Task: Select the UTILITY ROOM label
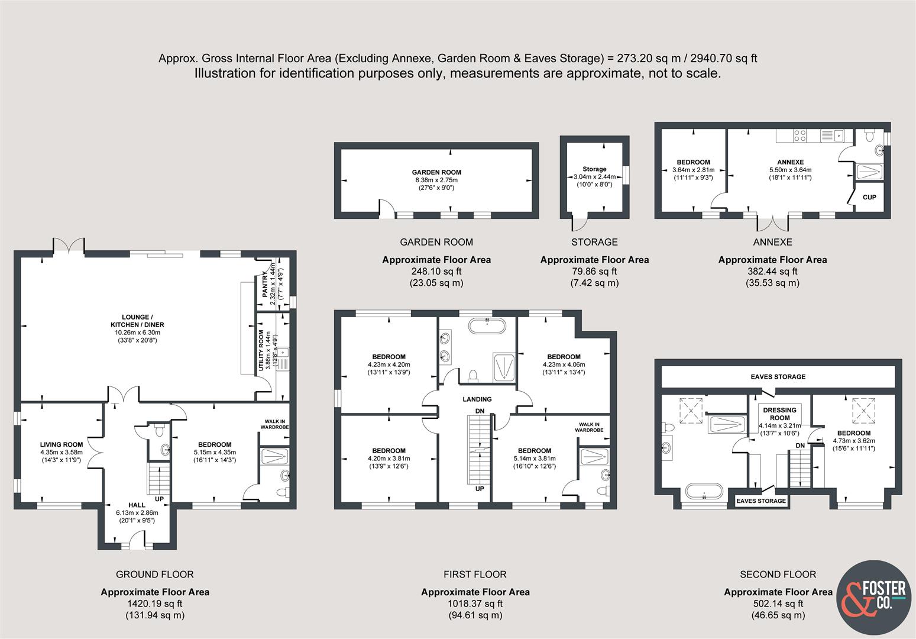[261, 350]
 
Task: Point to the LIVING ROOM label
[62, 444]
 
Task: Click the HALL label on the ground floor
[137, 505]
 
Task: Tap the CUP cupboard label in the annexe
[869, 197]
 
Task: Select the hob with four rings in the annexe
[800, 135]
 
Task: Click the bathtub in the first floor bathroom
[487, 326]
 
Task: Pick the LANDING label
[477, 399]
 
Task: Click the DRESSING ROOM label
[779, 414]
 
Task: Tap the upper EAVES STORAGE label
[778, 376]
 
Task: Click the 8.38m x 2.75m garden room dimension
[436, 180]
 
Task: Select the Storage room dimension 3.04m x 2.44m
[594, 177]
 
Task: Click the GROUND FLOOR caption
[154, 575]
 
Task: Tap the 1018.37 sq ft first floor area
[475, 603]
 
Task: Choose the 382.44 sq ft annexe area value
[772, 271]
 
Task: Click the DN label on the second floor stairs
[800, 446]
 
